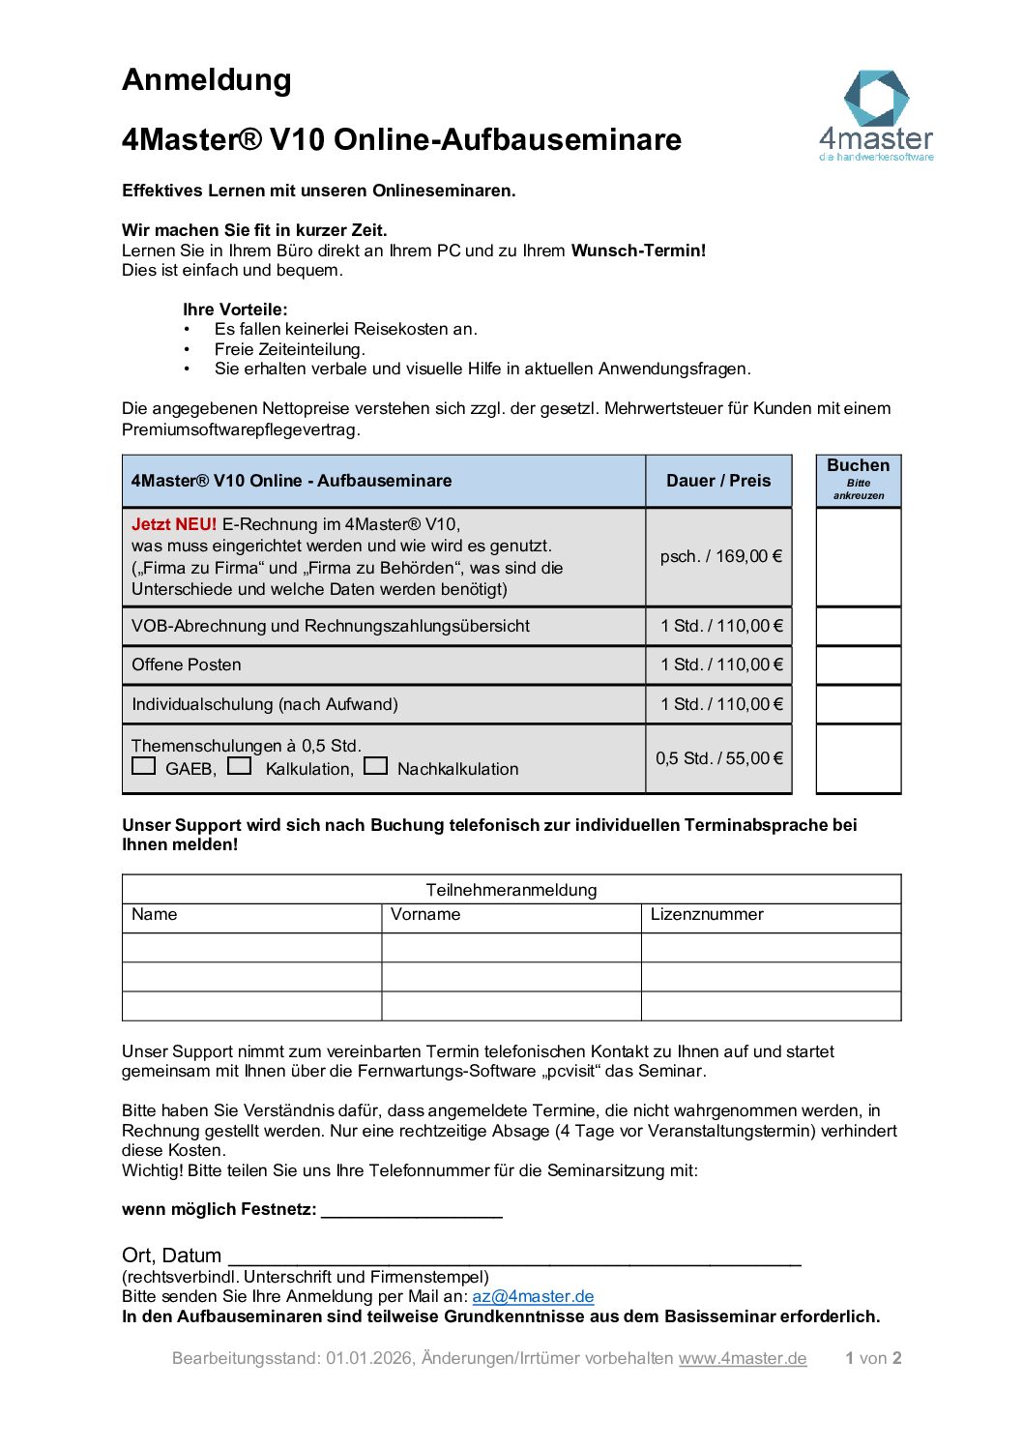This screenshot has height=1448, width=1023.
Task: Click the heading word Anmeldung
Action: pos(207,79)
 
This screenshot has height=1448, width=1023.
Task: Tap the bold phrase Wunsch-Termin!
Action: pos(638,251)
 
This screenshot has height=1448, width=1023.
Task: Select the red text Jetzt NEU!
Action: pos(174,524)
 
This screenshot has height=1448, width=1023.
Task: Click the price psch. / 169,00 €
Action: pos(720,556)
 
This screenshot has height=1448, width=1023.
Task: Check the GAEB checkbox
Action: pos(144,766)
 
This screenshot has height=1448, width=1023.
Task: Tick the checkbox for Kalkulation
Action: pos(240,766)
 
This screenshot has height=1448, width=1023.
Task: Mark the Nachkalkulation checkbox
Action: pos(376,766)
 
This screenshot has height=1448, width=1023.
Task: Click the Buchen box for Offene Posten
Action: pos(859,665)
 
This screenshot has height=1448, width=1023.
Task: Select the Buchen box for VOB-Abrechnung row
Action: pos(859,626)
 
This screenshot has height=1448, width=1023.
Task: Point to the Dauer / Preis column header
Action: pos(718,481)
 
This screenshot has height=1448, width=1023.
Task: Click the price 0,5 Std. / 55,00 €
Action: pos(719,758)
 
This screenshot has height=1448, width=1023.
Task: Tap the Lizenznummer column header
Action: pos(707,915)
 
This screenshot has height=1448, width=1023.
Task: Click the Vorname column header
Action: pos(425,915)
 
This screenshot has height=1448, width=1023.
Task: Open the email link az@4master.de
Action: pos(533,1297)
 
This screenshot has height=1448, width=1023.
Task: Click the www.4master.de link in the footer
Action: pos(743,1358)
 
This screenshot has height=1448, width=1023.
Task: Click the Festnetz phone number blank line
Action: pos(412,1211)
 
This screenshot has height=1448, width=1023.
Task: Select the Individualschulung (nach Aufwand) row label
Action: pos(265,704)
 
